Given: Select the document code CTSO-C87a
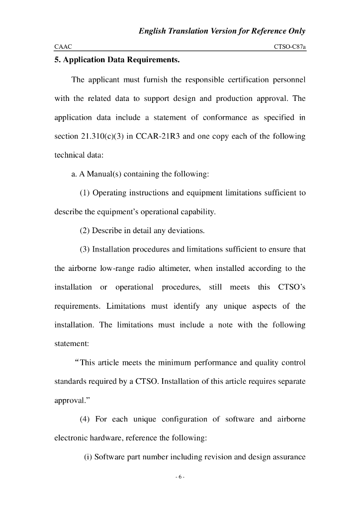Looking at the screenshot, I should (289, 46).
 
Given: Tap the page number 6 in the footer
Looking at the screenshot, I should (180, 478).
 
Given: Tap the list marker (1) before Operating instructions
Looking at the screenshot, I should (85, 193).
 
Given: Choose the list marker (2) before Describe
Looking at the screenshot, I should (85, 231).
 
